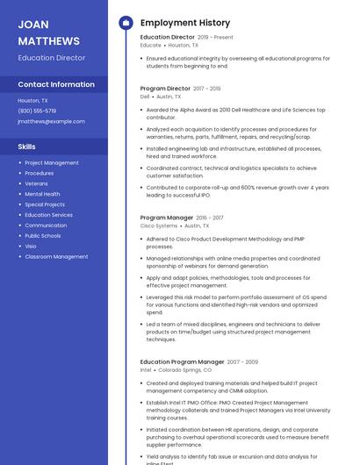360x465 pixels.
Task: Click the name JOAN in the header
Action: point(33,25)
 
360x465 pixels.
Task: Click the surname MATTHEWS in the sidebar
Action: point(48,41)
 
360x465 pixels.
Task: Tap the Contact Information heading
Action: point(56,85)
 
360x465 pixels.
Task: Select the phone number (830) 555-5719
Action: point(37,111)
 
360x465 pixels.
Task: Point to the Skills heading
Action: point(27,147)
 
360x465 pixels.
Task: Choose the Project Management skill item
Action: point(52,162)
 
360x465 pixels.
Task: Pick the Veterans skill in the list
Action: point(37,183)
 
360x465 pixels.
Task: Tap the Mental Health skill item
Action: point(42,194)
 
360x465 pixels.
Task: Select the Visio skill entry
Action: point(32,247)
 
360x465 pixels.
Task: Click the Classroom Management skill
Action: point(56,257)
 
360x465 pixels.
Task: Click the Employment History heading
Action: point(185,23)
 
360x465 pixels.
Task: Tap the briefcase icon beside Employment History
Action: point(126,23)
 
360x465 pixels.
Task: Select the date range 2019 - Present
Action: point(215,38)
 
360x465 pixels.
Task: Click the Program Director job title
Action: point(165,89)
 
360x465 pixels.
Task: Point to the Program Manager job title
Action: point(167,218)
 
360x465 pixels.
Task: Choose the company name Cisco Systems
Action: point(159,225)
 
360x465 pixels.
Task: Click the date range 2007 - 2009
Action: point(242,361)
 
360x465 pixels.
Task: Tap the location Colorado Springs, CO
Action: point(184,370)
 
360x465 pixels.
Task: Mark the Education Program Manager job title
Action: point(182,361)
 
